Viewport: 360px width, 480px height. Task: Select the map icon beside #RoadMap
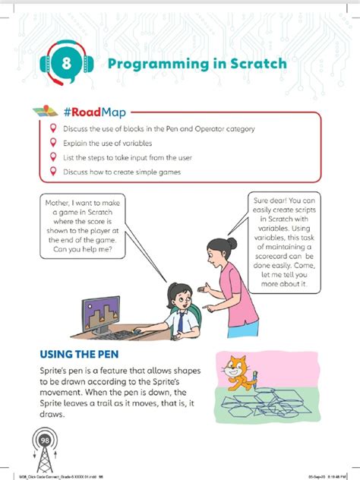pos(48,111)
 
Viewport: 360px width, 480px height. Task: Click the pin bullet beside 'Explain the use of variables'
pos(52,143)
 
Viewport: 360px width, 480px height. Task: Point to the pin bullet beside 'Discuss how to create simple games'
pos(52,171)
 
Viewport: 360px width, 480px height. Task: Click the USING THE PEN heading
pos(87,355)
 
